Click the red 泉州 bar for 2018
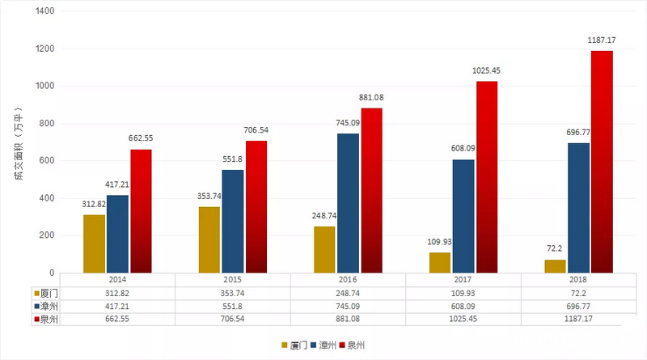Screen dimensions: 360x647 click(x=601, y=162)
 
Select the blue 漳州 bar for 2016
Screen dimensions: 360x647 click(x=348, y=203)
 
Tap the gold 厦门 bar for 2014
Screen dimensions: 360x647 click(x=95, y=244)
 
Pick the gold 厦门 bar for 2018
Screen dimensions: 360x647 click(x=555, y=266)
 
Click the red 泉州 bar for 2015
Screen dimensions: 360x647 click(x=256, y=207)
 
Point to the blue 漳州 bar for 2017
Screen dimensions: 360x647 click(x=463, y=216)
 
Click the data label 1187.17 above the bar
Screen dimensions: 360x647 click(x=601, y=38)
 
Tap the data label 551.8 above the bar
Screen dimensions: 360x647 click(x=232, y=159)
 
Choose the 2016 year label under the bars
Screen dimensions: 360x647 click(x=349, y=278)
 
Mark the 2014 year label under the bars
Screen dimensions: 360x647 click(x=118, y=278)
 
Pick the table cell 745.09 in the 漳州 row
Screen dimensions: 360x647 click(x=349, y=306)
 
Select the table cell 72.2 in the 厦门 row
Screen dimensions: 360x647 click(x=578, y=292)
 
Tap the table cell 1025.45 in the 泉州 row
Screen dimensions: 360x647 click(x=463, y=320)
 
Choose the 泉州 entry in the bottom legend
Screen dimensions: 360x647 click(x=356, y=345)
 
